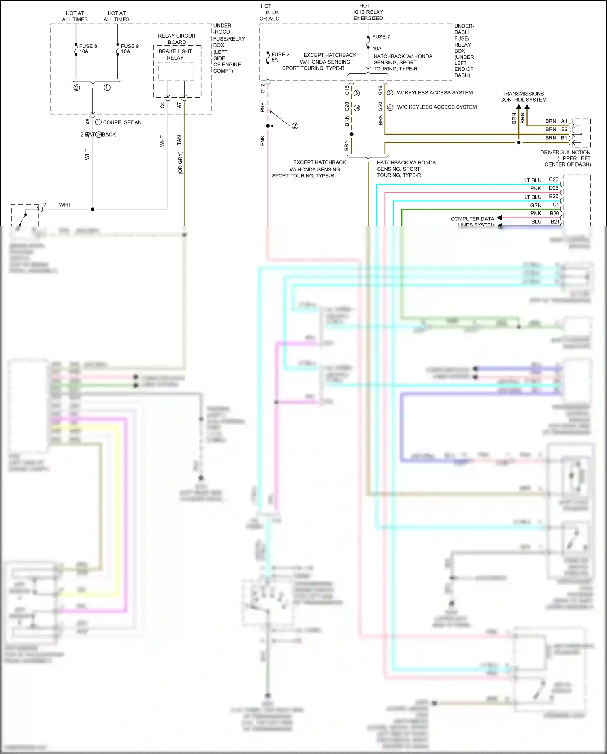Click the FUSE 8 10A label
88,49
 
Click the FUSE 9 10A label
130,49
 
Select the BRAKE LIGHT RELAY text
175,54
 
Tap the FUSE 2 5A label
280,57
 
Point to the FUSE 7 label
381,37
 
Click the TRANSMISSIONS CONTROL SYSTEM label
523,96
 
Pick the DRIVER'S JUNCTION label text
565,152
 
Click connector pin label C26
554,179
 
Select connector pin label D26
554,188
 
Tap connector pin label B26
554,197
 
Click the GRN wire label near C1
536,205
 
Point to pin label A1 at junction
564,121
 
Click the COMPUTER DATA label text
472,219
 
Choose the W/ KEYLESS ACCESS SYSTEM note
434,93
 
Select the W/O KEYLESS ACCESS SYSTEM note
437,107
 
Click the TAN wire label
179,140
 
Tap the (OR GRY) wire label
180,163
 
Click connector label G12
263,88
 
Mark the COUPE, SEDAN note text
122,122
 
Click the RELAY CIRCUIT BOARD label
177,39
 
